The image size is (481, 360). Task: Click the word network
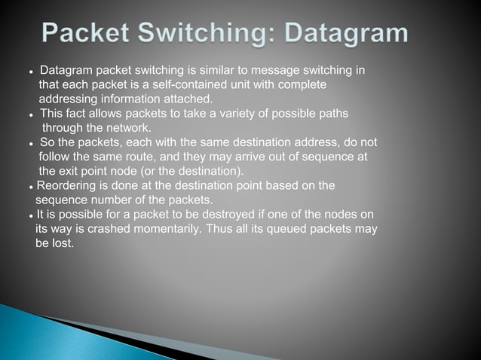[129, 127]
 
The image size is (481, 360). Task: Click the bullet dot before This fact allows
[29, 114]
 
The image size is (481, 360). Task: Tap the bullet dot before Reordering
[29, 186]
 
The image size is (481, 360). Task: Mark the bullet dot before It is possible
[29, 215]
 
